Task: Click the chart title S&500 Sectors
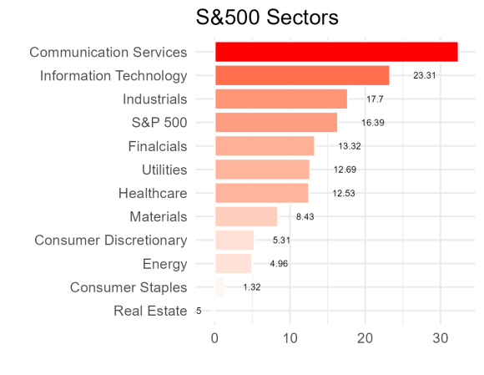coord(267,18)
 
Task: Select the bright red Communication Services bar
coord(336,52)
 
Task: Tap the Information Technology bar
coord(302,75)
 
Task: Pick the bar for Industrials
coord(281,99)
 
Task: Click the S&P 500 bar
coord(276,122)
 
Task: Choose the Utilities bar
coord(262,170)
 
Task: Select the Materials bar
coord(246,216)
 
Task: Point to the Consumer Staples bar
coord(219,287)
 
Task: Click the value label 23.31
coord(425,75)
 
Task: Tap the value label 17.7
coord(375,99)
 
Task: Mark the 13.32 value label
coord(350,146)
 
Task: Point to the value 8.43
coord(305,217)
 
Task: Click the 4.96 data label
coord(279,264)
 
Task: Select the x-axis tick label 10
coord(290,338)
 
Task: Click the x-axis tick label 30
coord(441,338)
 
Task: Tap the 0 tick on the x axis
coord(214,338)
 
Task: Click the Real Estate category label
coord(150,311)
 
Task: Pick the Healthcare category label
coord(153,194)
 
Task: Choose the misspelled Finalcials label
coord(158,146)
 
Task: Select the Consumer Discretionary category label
coord(111,241)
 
